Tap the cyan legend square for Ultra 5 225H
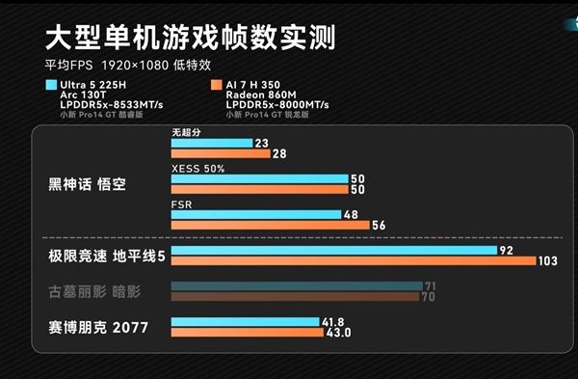tap(50, 85)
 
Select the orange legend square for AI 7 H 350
tap(217, 85)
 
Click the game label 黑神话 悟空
tap(87, 183)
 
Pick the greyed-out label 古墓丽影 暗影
tap(94, 291)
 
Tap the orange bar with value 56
tap(270, 225)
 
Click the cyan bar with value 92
tap(332, 250)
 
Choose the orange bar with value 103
tap(353, 261)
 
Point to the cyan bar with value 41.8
tap(245, 322)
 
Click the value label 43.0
tap(339, 333)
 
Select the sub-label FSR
tap(180, 204)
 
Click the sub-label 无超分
tap(187, 132)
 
